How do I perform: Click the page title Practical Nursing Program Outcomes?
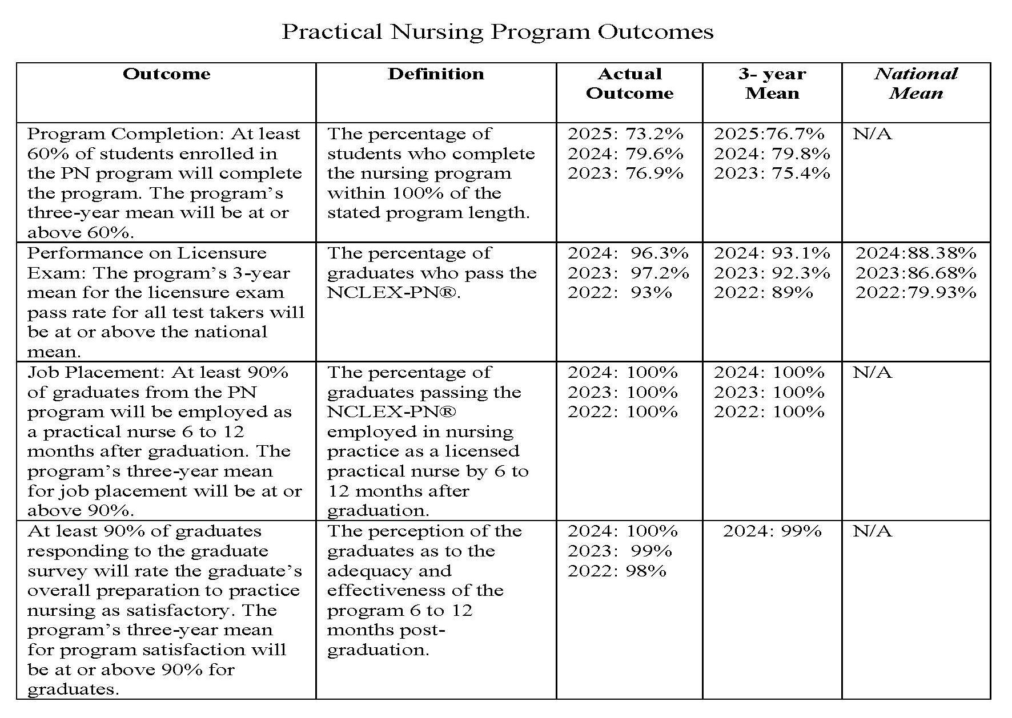coord(497,31)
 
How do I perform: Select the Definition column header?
coord(436,74)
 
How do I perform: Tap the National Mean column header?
coord(915,83)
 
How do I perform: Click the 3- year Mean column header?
coord(772,83)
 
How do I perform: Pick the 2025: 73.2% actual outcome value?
coord(625,134)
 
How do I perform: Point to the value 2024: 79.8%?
coord(772,154)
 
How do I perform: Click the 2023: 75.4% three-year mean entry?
coord(772,174)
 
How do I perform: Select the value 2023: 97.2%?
coord(628,273)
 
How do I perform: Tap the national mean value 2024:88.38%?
coord(915,253)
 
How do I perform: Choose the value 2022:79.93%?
coord(915,293)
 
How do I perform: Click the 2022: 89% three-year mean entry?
coord(763,293)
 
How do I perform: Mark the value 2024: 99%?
coord(772,531)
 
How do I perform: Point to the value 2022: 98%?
coord(617,571)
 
